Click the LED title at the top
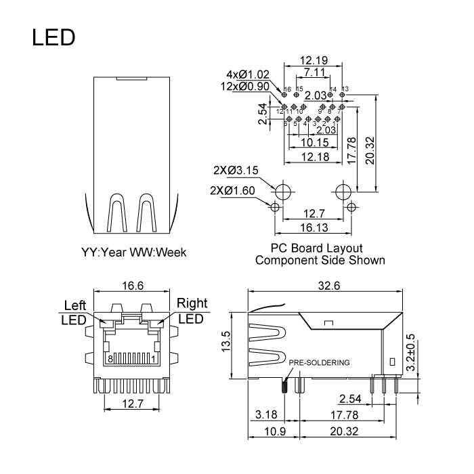(x=53, y=38)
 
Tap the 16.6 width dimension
(x=133, y=286)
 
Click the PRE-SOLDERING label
(x=320, y=362)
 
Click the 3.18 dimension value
(x=265, y=413)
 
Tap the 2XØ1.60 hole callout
(x=233, y=190)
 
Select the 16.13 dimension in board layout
(x=314, y=228)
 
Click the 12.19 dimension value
(x=314, y=61)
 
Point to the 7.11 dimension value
(x=313, y=72)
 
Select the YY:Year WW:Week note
(x=133, y=252)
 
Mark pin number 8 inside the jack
(x=109, y=358)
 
